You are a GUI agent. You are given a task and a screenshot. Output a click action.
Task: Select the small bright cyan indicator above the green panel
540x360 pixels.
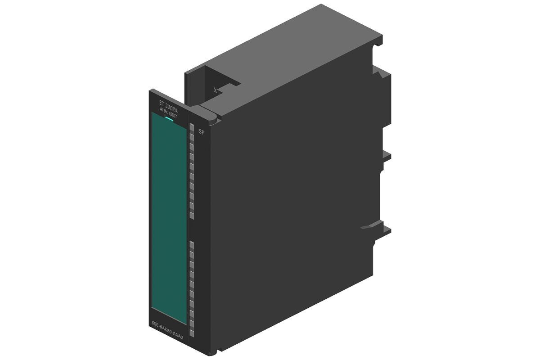169,119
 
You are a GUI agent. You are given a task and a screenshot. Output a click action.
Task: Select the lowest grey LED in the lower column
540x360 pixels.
191,333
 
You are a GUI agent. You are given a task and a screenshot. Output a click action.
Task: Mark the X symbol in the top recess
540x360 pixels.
216,90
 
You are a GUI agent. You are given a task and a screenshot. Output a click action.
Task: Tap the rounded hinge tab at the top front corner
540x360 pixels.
211,117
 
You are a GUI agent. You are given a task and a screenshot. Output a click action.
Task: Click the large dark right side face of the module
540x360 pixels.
292,202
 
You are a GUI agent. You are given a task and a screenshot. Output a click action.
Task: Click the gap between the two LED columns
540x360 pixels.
191,230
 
